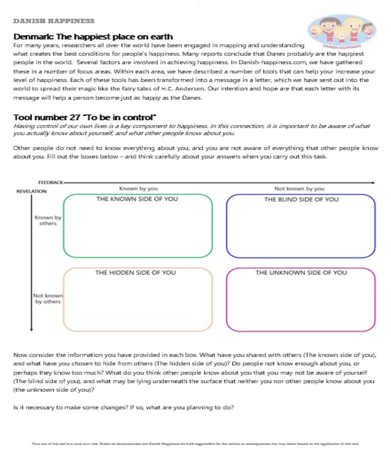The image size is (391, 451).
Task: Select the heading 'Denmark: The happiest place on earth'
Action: tap(93, 37)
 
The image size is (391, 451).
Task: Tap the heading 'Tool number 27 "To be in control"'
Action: tap(85, 118)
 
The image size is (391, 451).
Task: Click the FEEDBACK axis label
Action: tap(50, 183)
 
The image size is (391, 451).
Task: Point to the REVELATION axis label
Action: tap(32, 191)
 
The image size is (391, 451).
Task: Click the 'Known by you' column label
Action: tap(139, 189)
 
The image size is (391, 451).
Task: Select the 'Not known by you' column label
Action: tap(299, 189)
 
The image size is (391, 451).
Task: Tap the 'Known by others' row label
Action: tap(48, 220)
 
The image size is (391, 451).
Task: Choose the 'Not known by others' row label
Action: tap(48, 299)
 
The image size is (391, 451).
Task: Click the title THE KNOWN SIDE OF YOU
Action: tap(137, 199)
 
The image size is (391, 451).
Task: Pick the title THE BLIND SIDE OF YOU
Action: tap(301, 199)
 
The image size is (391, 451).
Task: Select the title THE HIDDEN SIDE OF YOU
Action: tap(136, 273)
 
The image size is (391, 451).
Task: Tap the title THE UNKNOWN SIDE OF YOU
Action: tap(301, 273)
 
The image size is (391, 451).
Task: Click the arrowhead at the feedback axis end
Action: tap(372, 183)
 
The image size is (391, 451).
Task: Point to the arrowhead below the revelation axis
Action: tap(32, 329)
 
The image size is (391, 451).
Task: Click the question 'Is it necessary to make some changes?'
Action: tap(70, 407)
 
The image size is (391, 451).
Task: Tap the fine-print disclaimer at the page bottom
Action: tap(195, 443)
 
